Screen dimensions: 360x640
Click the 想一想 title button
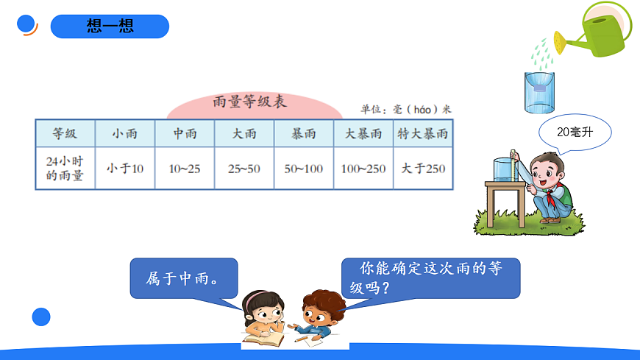pyautogui.click(x=110, y=27)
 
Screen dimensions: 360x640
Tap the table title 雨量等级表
pyautogui.click(x=254, y=102)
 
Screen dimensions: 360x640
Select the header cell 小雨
pyautogui.click(x=125, y=134)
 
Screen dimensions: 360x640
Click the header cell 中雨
pyautogui.click(x=185, y=134)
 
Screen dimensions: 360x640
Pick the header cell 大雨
pyautogui.click(x=244, y=134)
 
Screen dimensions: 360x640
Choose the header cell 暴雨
pyautogui.click(x=304, y=134)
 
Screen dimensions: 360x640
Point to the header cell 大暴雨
pyautogui.click(x=363, y=134)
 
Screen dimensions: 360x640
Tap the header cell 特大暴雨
pyautogui.click(x=423, y=134)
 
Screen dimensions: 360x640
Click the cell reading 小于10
pyautogui.click(x=125, y=169)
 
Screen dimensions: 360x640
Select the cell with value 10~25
pyautogui.click(x=185, y=169)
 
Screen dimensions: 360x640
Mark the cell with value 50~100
pyautogui.click(x=304, y=169)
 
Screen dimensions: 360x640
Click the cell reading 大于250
pyautogui.click(x=423, y=169)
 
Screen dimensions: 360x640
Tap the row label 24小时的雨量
pyautogui.click(x=65, y=169)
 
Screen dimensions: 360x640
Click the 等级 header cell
pyautogui.click(x=65, y=134)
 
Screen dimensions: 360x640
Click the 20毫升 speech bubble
pyautogui.click(x=575, y=133)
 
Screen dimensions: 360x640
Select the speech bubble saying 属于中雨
pyautogui.click(x=183, y=278)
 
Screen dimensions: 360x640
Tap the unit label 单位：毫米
pyautogui.click(x=405, y=109)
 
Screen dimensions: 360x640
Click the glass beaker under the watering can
pyautogui.click(x=539, y=92)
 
